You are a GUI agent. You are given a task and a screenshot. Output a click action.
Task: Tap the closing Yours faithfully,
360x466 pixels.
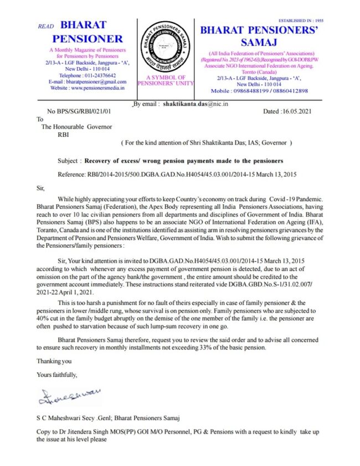pyautogui.click(x=57, y=375)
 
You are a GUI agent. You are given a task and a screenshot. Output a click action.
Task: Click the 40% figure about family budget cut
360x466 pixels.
pyautogui.click(x=45, y=320)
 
